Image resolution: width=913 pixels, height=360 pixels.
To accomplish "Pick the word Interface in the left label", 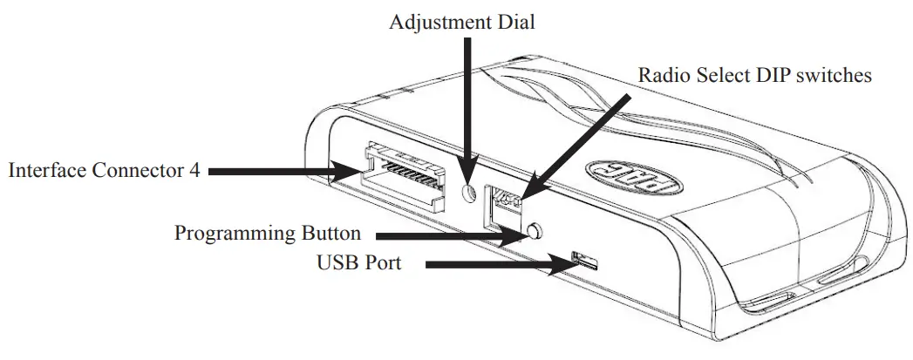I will point(44,170).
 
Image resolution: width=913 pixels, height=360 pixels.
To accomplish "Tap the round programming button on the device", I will point(534,231).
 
